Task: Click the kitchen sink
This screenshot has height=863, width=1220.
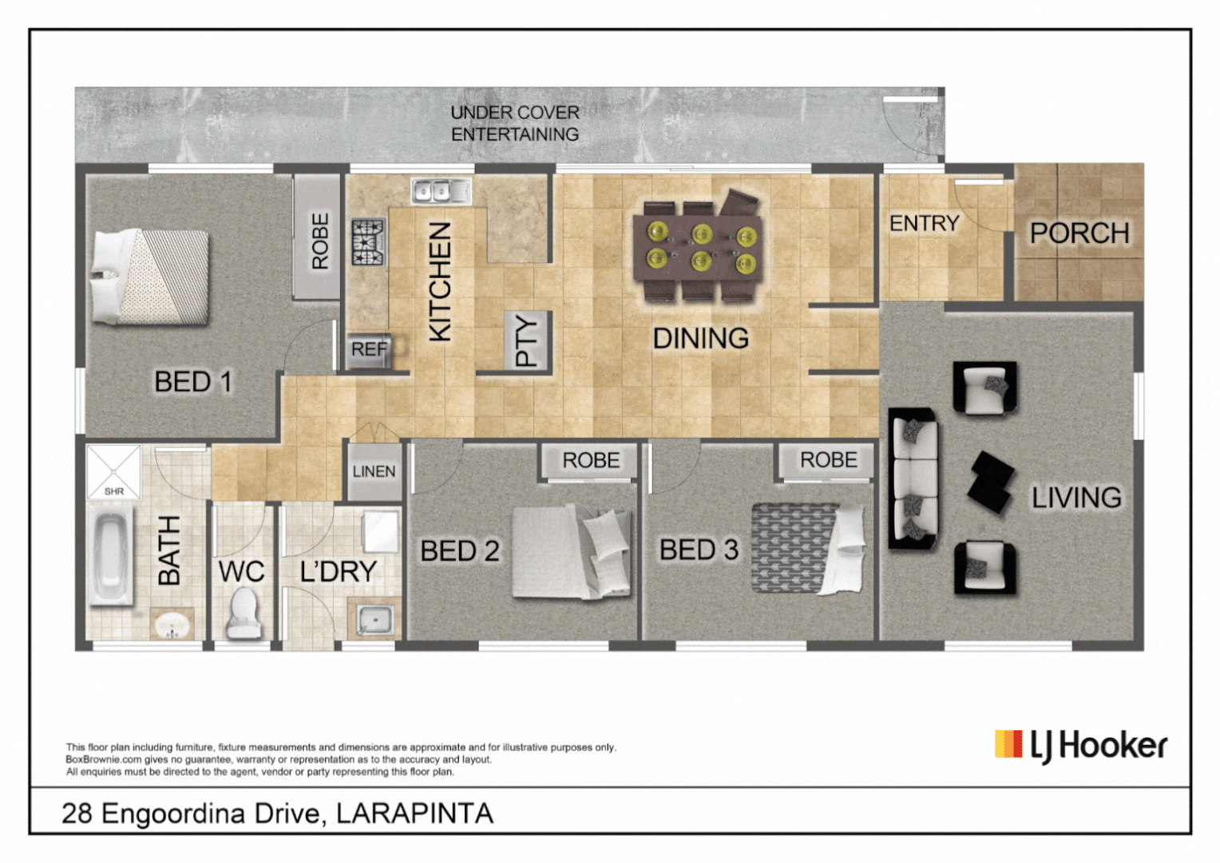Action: point(441,191)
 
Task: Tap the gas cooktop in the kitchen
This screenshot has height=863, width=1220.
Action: point(369,242)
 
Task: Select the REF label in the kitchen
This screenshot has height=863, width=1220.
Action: point(369,350)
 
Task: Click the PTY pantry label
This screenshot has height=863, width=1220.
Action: point(528,340)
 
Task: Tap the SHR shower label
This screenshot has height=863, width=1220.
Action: point(114,491)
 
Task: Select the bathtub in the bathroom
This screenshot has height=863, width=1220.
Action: point(111,556)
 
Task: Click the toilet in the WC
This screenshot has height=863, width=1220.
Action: point(244,614)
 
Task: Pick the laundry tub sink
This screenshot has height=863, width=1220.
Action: point(374,619)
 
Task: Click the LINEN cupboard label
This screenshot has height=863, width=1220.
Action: point(374,471)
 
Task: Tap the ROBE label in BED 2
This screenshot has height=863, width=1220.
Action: point(591,460)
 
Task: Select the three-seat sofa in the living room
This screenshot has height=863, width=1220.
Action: point(913,479)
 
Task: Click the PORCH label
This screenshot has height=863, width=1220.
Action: point(1079,233)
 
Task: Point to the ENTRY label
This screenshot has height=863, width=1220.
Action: point(924,224)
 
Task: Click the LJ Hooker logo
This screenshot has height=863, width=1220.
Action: point(1080,746)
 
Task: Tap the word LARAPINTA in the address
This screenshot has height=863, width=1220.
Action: point(414,813)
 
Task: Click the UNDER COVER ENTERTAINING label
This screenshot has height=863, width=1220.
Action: point(515,124)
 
